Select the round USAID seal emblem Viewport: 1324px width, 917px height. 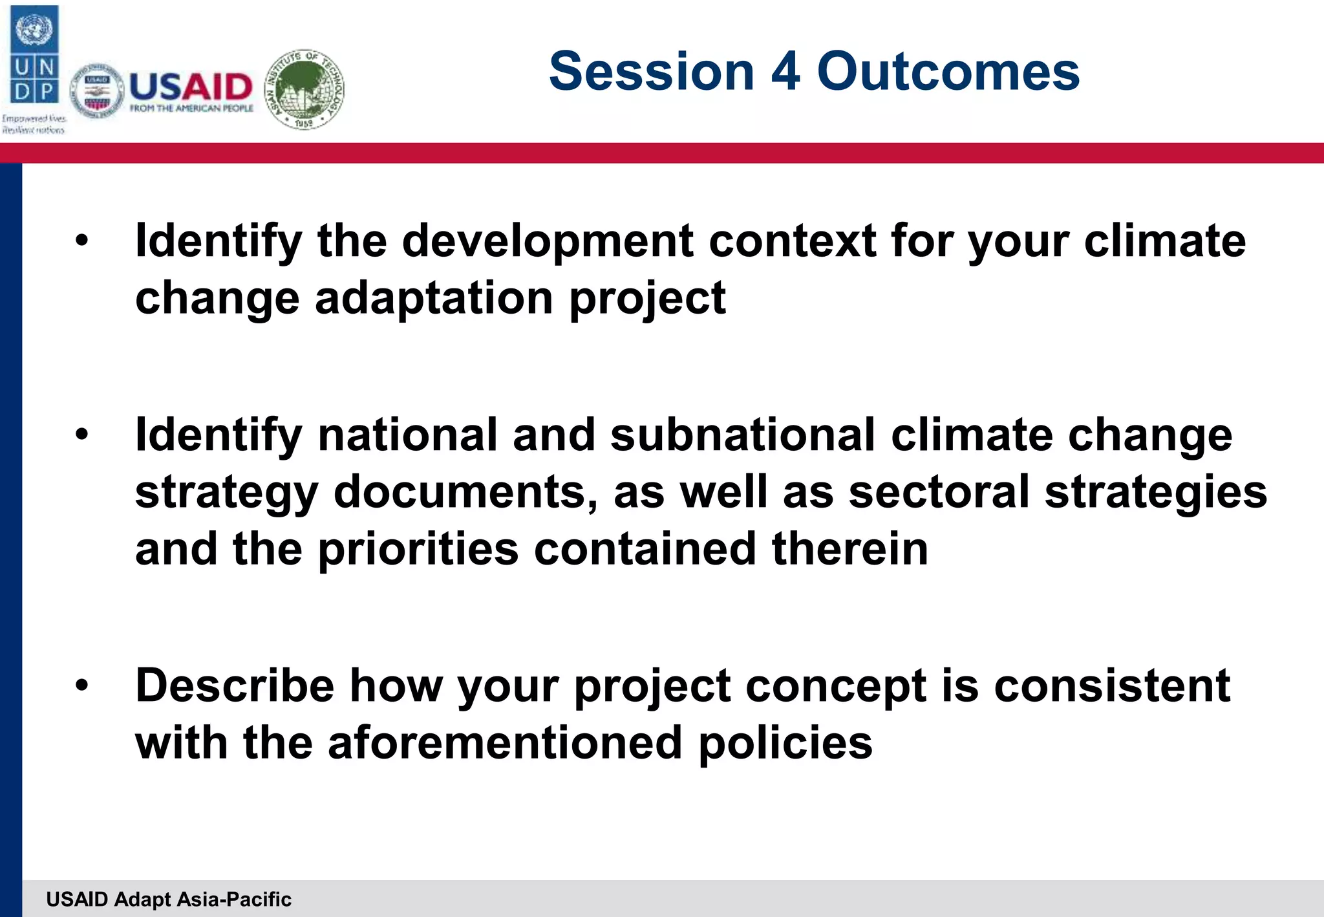tap(97, 91)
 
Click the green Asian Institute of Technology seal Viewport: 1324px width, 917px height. tap(305, 89)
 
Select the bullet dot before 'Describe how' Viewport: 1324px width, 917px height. tap(81, 686)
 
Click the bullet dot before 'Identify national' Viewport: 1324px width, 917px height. tap(81, 435)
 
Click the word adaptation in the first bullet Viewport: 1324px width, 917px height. tap(433, 299)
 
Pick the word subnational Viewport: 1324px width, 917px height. tap(743, 435)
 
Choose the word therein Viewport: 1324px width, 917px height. tap(849, 548)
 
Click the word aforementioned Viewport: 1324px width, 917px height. tap(505, 742)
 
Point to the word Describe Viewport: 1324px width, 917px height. tap(234, 685)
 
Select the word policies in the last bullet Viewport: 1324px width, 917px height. tap(785, 742)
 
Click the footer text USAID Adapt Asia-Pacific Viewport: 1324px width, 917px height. tap(169, 899)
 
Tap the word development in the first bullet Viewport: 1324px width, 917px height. tap(548, 241)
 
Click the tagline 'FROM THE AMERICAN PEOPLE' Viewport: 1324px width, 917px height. tap(191, 109)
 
